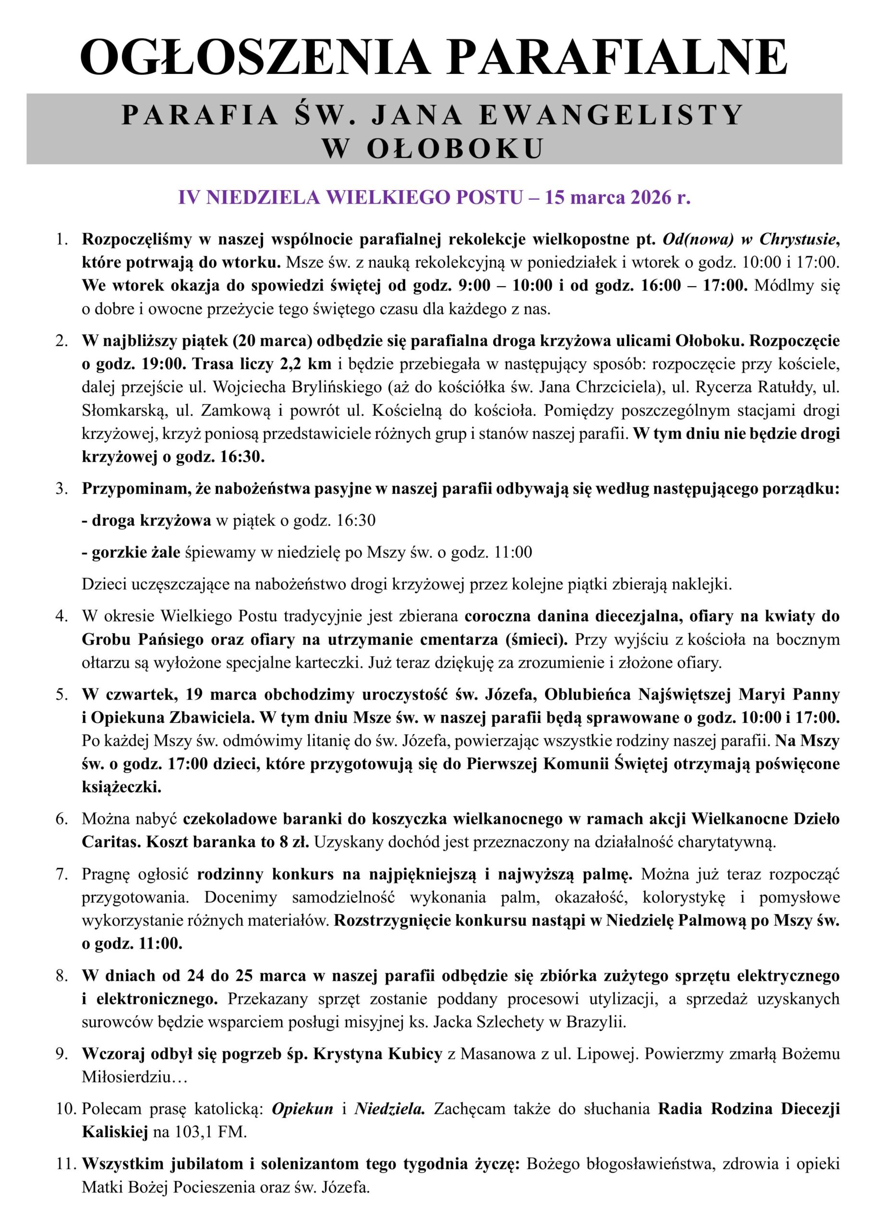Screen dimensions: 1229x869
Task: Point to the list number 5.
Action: pyautogui.click(x=62, y=695)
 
